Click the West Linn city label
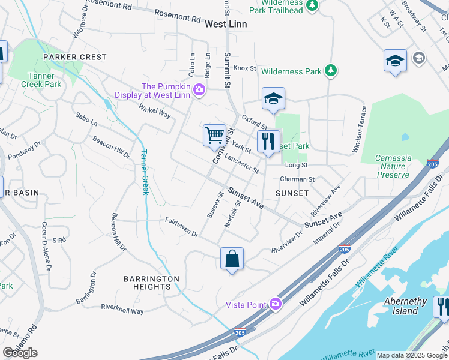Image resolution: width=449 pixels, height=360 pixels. tap(226, 24)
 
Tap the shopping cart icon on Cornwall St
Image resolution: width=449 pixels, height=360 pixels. tap(214, 135)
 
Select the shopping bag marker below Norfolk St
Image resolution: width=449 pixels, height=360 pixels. tap(232, 259)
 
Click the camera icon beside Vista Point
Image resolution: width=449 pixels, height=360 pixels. tap(276, 304)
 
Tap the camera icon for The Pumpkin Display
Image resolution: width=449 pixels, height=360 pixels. tap(199, 91)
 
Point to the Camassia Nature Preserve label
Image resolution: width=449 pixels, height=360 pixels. tap(393, 166)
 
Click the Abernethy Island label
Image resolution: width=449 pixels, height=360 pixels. tap(405, 306)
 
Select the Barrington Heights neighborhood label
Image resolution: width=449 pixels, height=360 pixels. tap(151, 283)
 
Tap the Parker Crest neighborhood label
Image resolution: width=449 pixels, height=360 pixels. tap(75, 57)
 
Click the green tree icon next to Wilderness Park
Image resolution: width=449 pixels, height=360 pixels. tap(330, 71)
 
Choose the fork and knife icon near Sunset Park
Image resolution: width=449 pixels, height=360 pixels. tap(268, 141)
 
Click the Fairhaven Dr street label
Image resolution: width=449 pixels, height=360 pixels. tap(181, 227)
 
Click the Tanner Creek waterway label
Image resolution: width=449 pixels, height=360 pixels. tap(144, 172)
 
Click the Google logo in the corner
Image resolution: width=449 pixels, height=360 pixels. tap(20, 353)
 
